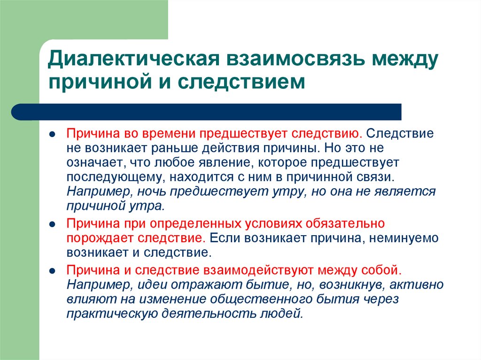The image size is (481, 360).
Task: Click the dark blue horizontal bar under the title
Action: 207,112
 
